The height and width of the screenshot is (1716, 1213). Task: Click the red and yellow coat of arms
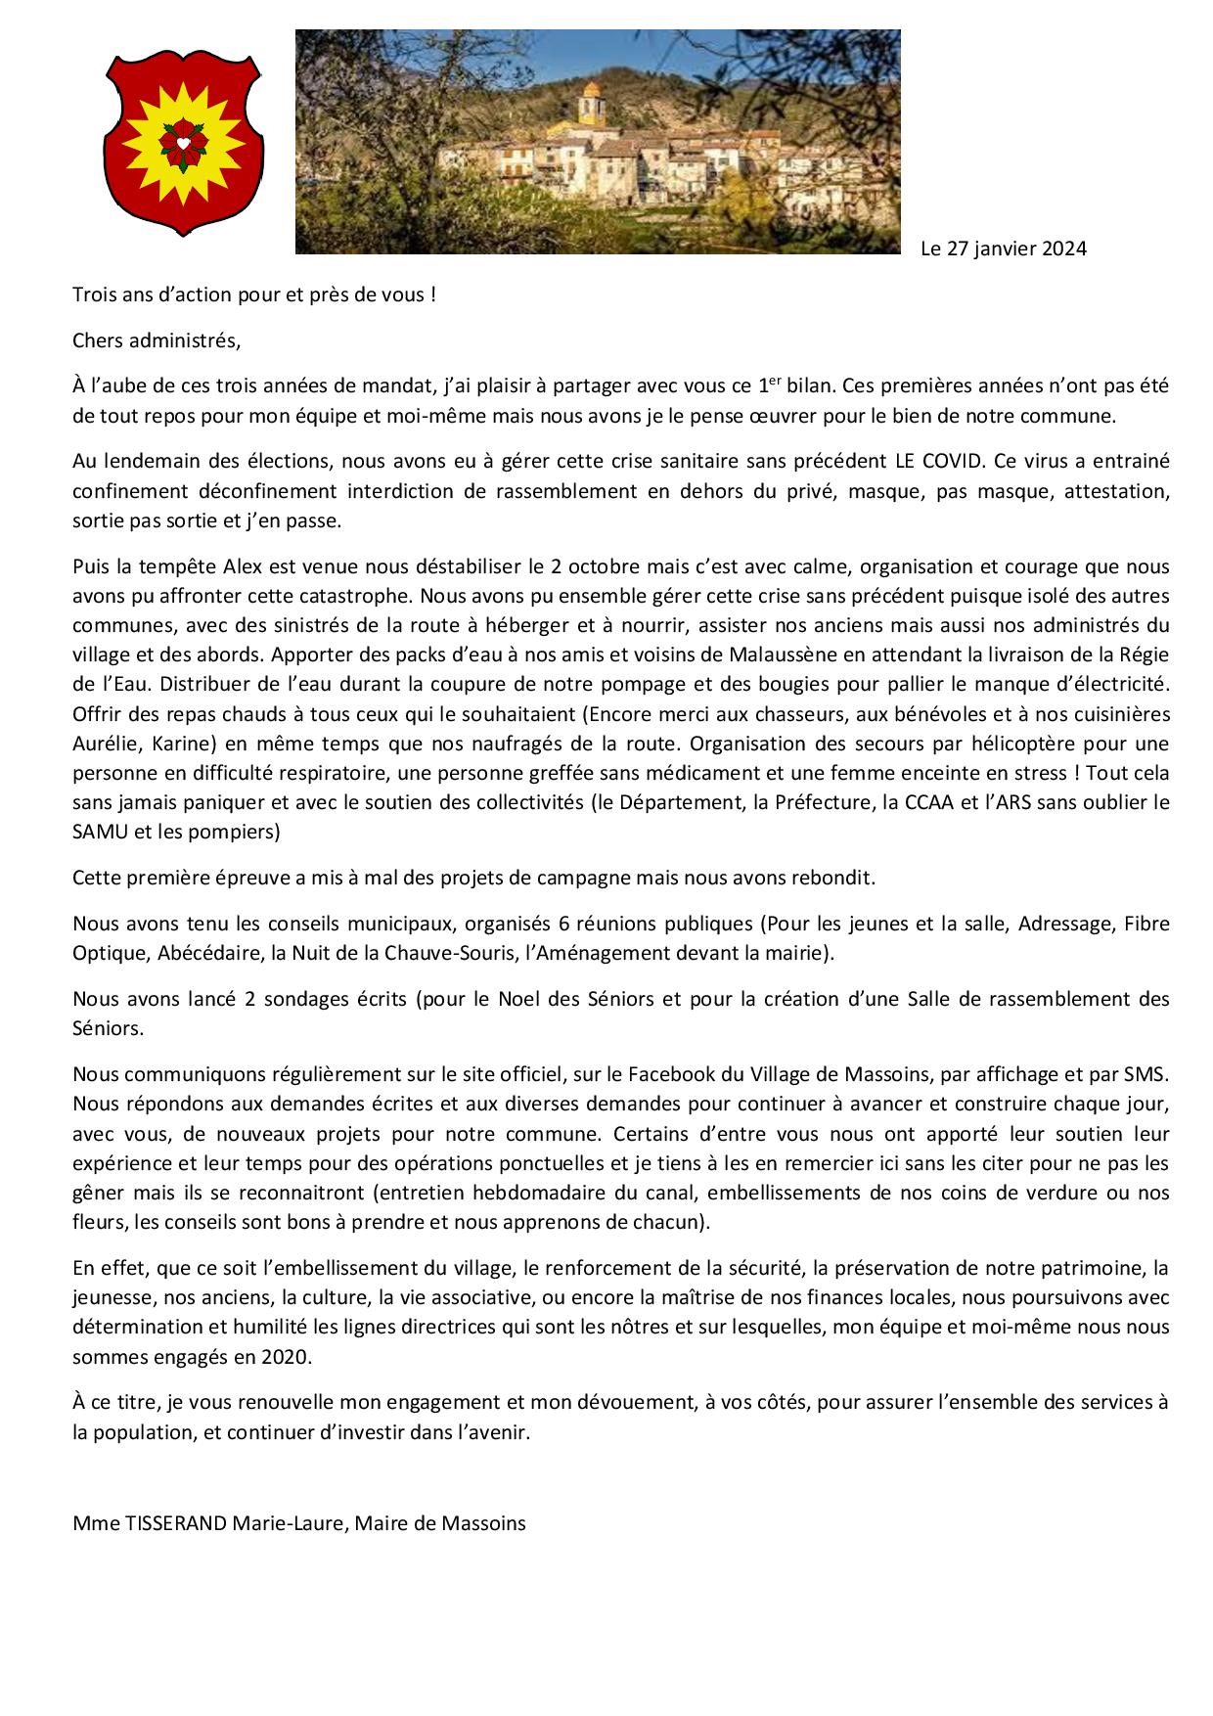(182, 143)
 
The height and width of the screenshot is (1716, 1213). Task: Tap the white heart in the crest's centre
(182, 143)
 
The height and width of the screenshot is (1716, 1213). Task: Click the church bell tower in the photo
(590, 104)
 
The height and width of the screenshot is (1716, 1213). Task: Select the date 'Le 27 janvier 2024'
(1004, 248)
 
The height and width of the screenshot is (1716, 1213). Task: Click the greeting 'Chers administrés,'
(156, 340)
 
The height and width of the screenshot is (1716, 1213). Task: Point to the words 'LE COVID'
(925, 461)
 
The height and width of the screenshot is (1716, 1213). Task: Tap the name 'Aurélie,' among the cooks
(108, 743)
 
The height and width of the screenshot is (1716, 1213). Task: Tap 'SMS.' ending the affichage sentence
(1148, 1074)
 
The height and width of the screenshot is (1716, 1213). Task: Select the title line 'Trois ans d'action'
(253, 294)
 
